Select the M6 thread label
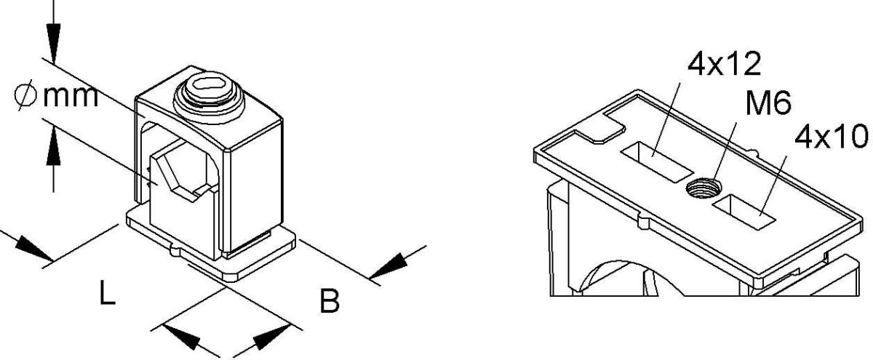coord(768,103)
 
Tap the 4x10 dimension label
coord(832,137)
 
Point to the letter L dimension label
coord(107,292)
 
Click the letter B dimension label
coord(330,300)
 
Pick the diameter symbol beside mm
coord(25,96)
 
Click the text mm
coord(71,97)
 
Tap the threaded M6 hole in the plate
coord(703,188)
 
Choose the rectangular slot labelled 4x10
coord(744,212)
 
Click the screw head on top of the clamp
coord(209,97)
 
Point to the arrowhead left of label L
coord(34,249)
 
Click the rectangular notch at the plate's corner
coord(600,128)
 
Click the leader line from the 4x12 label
coord(666,119)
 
